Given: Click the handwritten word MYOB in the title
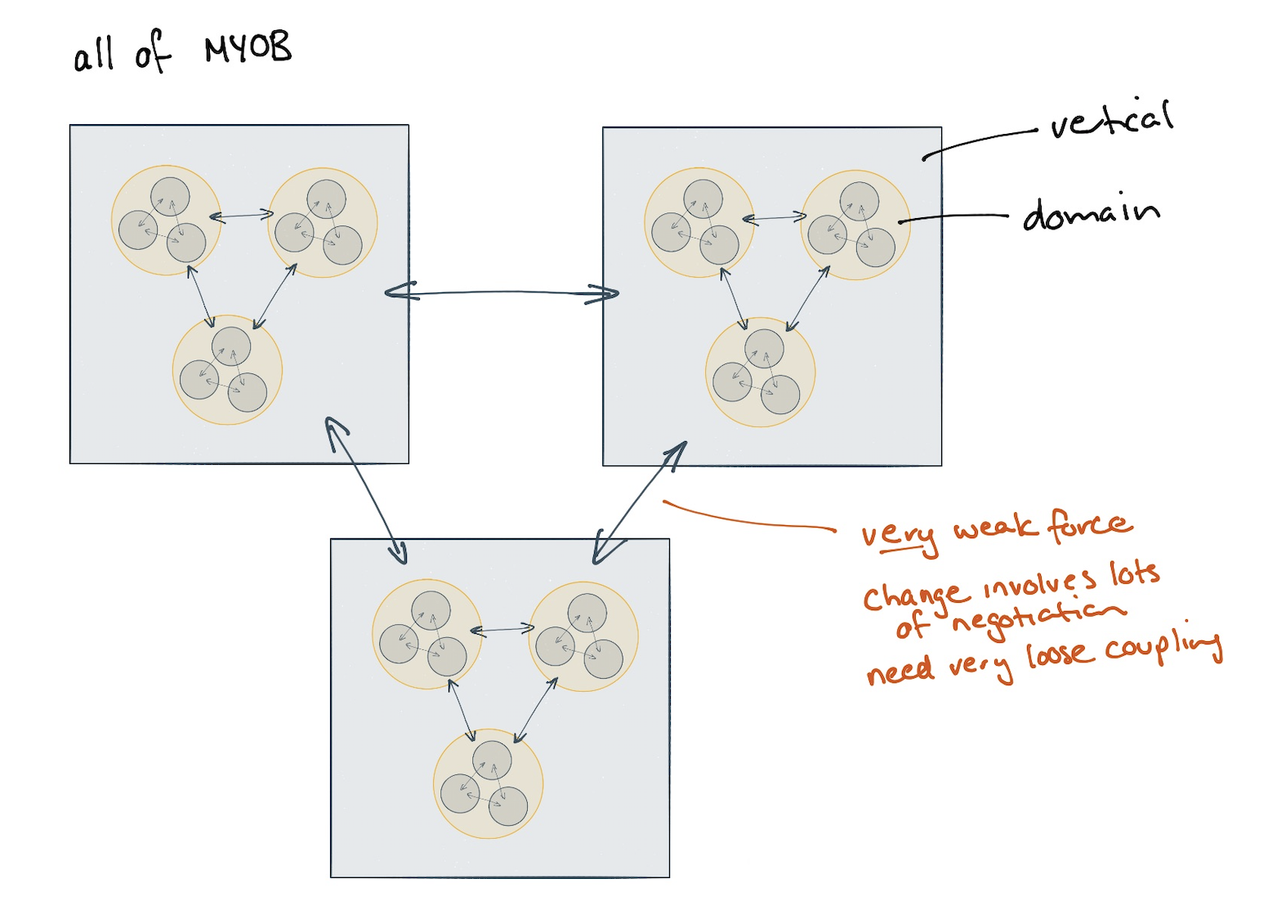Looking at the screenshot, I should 248,50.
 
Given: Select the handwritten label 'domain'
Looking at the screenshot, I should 1091,214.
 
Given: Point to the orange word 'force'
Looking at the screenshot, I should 1090,525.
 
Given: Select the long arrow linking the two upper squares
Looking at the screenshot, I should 502,292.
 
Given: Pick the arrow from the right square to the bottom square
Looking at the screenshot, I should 640,502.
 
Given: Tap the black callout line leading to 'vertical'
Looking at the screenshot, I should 980,140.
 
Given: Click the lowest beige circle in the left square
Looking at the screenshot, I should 227,370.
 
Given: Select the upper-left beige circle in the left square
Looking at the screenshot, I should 166,221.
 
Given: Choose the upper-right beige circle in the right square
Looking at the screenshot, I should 855,225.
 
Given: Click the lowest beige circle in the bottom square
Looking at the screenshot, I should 488,783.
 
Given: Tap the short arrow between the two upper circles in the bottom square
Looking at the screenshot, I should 502,630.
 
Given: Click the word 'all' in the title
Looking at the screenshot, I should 93,56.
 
